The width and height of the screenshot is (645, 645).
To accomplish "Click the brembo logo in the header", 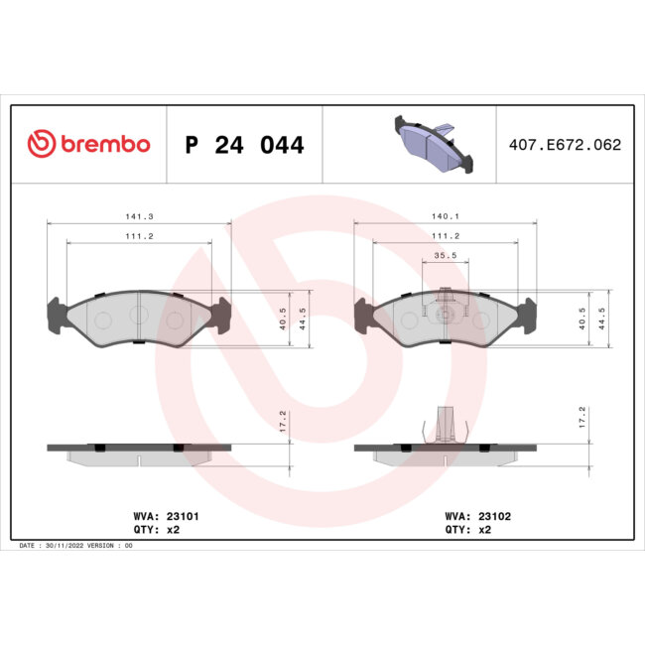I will coord(88,144).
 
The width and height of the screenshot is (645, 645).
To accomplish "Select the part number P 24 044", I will coord(244,145).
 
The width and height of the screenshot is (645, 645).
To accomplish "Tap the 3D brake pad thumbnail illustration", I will coord(429,144).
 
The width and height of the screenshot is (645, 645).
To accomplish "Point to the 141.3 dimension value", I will coord(139,215).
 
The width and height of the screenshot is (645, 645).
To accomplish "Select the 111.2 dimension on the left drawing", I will coord(139,236).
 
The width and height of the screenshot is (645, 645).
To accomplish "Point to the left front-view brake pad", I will coord(139,319).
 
